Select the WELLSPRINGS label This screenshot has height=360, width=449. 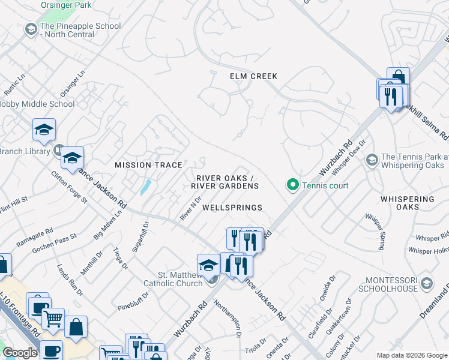[x=232, y=208]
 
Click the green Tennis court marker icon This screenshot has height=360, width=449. [x=293, y=185]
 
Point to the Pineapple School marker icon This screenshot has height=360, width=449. [x=31, y=29]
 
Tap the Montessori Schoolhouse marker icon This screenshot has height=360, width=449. [x=426, y=283]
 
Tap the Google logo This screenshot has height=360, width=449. [x=20, y=353]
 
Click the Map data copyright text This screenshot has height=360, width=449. [x=411, y=355]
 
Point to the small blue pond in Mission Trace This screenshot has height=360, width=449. [x=145, y=187]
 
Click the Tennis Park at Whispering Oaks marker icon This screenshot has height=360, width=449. [x=372, y=160]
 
